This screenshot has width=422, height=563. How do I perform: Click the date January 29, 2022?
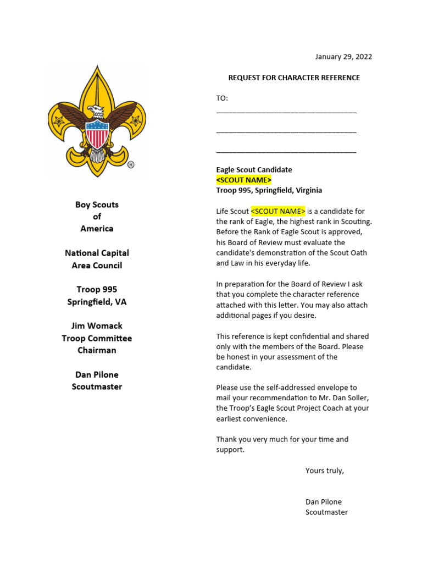(343, 57)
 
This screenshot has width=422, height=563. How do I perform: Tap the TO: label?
(222, 98)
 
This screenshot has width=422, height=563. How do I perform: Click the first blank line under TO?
(286, 112)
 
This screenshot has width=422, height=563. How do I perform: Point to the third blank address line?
(286, 151)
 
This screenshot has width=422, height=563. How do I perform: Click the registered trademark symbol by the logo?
(131, 164)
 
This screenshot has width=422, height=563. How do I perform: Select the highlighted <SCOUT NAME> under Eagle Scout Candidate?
(243, 180)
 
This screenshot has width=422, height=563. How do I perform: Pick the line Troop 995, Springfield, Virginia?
(269, 190)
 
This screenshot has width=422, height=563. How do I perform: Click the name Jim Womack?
(97, 326)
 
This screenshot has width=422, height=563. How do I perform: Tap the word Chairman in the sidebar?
(97, 350)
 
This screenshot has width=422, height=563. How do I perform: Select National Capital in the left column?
(97, 253)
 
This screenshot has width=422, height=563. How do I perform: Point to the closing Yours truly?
(325, 471)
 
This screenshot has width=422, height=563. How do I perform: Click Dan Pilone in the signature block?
(324, 501)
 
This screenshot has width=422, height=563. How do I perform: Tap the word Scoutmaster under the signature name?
(326, 512)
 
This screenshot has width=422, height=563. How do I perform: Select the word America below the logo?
(97, 229)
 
